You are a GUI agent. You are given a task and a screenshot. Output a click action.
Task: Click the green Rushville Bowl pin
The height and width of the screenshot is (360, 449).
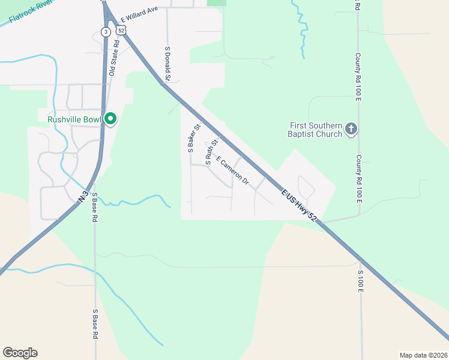tap(110, 119)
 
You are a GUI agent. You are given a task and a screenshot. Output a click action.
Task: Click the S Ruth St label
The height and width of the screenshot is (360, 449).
tap(210, 152)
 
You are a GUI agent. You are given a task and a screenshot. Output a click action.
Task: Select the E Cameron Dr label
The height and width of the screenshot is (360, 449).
tap(232, 170)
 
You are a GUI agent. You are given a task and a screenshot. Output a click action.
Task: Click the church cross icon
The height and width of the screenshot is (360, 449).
tap(352, 128)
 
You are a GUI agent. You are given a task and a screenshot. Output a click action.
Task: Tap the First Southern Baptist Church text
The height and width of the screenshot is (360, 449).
tap(316, 130)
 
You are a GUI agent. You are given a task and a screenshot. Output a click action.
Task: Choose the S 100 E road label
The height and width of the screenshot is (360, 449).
tap(361, 281)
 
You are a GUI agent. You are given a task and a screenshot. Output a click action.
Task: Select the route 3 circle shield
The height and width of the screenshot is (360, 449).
tap(106, 31)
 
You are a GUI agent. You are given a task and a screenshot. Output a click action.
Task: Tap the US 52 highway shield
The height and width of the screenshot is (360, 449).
tap(121, 29)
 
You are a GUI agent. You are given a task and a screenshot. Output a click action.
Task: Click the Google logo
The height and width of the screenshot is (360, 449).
tap(20, 353)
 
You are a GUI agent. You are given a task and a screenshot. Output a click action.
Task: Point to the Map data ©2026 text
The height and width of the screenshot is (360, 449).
tap(423, 355)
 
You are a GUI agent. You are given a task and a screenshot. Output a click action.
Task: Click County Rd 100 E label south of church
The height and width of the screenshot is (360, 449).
tap(358, 178)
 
